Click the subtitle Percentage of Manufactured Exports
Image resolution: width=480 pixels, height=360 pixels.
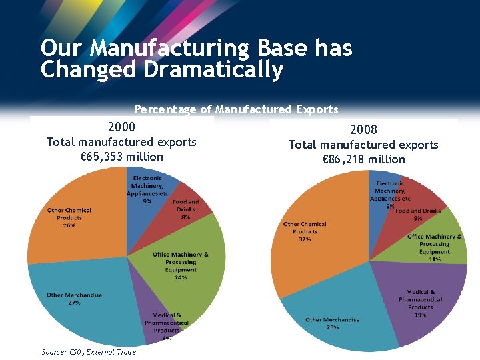[x=236, y=109]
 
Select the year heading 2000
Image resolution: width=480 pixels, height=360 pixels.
[x=121, y=127]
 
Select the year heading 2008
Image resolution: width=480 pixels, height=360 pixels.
[x=363, y=129]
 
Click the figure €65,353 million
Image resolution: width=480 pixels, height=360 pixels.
[x=121, y=157]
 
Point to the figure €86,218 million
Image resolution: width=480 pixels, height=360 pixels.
[x=363, y=159]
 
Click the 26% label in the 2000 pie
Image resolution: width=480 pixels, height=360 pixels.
[x=69, y=225]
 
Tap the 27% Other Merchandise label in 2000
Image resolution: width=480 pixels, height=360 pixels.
[x=74, y=302]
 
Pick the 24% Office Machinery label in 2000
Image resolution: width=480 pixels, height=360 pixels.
[x=180, y=277]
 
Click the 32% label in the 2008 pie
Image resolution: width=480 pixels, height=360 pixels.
[x=305, y=239]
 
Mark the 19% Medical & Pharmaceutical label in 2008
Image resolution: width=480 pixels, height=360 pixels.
[x=420, y=315]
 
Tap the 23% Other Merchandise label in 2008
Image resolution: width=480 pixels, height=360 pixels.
[x=332, y=327]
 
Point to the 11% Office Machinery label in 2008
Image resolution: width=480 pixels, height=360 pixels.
[x=435, y=259]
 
